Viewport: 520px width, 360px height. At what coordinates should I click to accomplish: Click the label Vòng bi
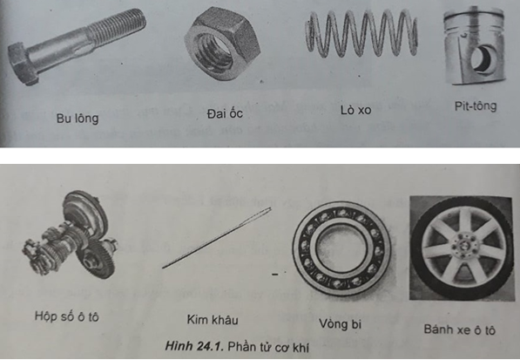click(x=341, y=324)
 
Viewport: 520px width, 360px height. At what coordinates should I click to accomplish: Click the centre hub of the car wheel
click(x=463, y=247)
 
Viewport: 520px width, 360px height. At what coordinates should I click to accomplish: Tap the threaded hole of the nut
click(x=219, y=47)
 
